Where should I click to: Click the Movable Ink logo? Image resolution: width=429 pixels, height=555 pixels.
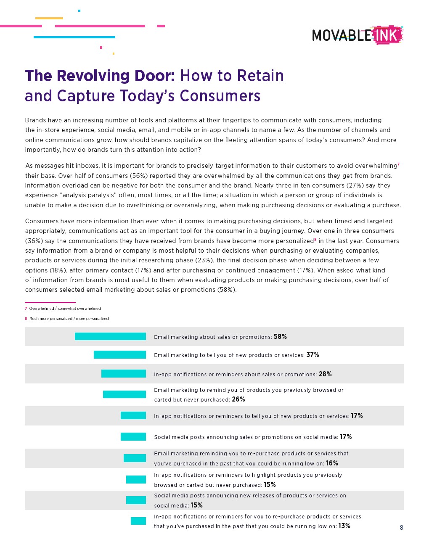point(357,35)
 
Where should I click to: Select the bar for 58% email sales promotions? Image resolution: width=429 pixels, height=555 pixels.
point(110,336)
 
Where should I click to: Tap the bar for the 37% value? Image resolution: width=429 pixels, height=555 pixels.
point(120,354)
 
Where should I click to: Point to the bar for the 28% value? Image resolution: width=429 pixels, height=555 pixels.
point(124,374)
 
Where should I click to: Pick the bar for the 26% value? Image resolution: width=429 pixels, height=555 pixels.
point(124,394)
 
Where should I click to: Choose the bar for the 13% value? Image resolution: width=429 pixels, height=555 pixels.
point(138,521)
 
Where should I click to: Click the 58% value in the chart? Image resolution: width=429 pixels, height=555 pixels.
point(280,336)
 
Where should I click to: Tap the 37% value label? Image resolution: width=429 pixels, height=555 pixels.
point(312,354)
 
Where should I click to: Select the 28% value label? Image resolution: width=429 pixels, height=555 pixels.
point(325,374)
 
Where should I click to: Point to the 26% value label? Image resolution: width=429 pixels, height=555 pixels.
point(238,399)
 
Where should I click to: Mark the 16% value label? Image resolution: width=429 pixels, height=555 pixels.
point(332,463)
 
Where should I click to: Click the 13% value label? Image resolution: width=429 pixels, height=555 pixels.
point(344,526)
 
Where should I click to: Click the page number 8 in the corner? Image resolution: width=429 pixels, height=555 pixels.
point(401,528)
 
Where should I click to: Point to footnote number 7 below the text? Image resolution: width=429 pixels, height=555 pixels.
point(26,309)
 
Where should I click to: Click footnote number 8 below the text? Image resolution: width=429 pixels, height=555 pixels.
point(26,319)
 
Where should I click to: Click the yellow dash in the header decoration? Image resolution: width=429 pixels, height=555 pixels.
point(49,18)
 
